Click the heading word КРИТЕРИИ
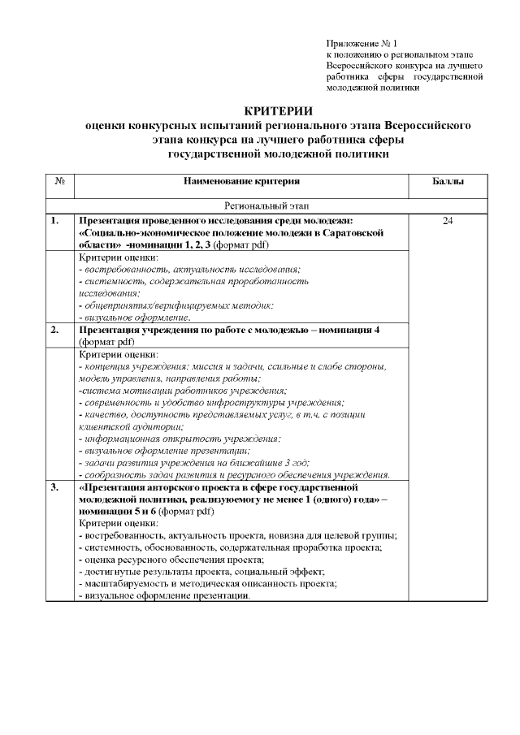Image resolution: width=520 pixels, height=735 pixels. tap(278, 111)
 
